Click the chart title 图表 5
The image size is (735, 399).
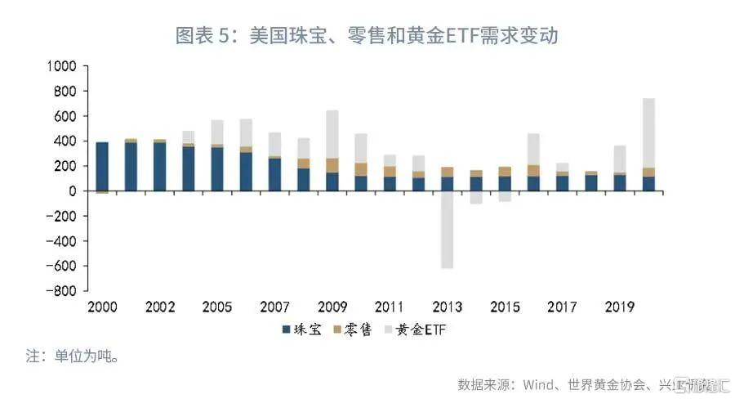(367, 36)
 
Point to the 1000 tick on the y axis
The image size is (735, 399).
(61, 66)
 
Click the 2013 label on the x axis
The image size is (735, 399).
(448, 307)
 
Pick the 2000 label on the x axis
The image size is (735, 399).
(102, 307)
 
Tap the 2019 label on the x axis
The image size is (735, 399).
(621, 307)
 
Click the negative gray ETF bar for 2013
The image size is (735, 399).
(448, 230)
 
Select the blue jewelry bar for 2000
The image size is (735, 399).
(102, 167)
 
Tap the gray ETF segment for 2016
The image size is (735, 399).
(534, 149)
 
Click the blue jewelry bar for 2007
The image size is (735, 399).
(275, 175)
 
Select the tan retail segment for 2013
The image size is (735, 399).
(448, 172)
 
